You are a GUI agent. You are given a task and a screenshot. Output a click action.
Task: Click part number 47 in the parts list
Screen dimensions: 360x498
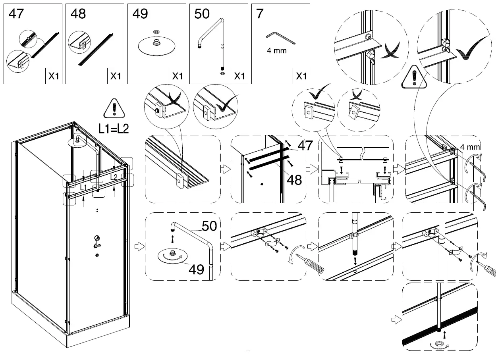16,14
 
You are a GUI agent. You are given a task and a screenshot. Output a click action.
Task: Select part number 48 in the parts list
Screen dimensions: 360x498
78,14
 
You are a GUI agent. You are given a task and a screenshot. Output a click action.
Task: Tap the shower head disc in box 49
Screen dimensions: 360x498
156,46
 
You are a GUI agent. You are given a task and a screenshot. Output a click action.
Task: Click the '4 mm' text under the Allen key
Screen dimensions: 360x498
277,51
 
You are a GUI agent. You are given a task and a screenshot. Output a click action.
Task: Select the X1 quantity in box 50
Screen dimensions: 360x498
239,76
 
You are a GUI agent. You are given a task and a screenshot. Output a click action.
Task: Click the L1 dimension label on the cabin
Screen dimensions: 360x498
83,187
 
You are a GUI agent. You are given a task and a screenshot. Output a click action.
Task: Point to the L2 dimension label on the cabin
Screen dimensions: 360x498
114,177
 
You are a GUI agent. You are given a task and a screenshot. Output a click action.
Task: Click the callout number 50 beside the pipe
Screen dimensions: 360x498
209,226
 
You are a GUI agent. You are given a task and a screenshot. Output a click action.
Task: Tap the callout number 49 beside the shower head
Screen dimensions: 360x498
196,270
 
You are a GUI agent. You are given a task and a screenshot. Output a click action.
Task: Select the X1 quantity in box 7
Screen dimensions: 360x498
301,76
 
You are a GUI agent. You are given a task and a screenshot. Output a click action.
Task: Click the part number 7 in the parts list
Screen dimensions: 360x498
259,14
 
